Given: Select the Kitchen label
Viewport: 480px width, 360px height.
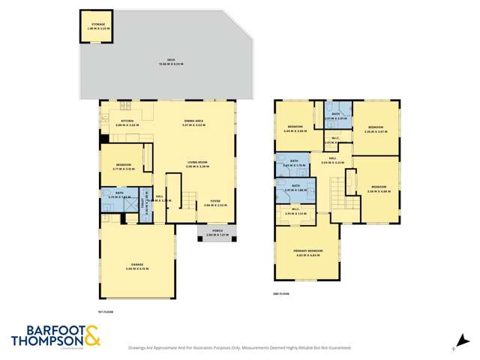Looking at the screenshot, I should tap(127, 122).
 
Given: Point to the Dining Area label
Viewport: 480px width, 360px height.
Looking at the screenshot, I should tap(194, 122).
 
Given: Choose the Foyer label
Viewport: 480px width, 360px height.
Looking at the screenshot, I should tap(214, 202).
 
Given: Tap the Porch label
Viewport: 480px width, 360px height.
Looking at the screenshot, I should tap(216, 234).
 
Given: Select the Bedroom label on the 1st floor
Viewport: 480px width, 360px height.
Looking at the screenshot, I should tap(124, 166).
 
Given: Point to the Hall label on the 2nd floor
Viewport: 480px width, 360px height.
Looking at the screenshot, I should tap(332, 160).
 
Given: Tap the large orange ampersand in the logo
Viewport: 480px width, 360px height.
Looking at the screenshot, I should tap(91, 335).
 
